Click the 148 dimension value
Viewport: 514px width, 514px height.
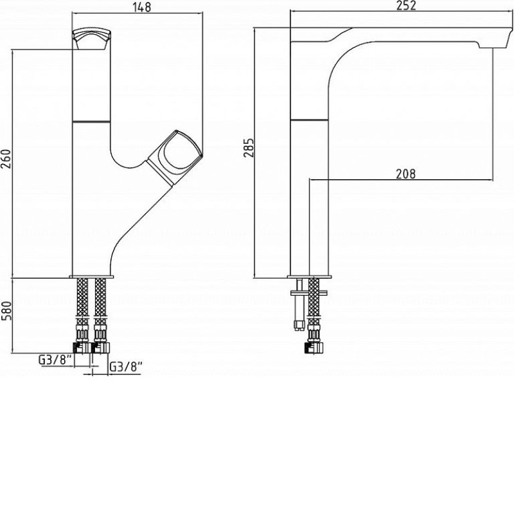[x=142, y=6]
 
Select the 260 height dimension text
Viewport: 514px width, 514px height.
[x=6, y=159]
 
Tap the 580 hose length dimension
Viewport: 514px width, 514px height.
[x=6, y=311]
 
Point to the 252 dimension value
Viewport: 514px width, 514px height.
[x=407, y=5]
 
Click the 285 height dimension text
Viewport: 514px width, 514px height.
[x=249, y=148]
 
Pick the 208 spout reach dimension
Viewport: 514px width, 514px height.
[x=406, y=173]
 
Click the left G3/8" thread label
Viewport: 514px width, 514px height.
[x=55, y=360]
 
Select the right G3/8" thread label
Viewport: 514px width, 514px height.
[x=125, y=367]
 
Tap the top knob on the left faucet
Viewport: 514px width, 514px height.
[x=91, y=39]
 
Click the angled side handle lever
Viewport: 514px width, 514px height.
[x=174, y=157]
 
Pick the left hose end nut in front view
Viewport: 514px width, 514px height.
[x=82, y=348]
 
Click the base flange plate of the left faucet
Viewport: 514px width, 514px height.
[x=91, y=277]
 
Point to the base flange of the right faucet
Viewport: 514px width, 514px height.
[x=310, y=277]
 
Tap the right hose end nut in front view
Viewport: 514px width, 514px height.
[x=100, y=348]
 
